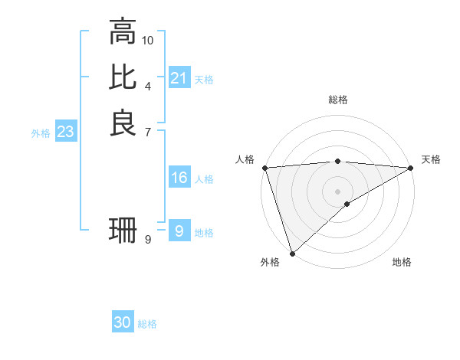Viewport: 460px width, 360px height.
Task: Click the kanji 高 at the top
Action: point(123,33)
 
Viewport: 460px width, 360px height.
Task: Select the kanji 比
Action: point(123,78)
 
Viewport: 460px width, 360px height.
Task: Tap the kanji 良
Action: point(123,123)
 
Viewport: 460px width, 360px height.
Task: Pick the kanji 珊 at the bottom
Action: point(123,230)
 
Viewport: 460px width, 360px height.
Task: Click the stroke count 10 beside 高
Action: point(148,40)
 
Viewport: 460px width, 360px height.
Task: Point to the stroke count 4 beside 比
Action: point(148,85)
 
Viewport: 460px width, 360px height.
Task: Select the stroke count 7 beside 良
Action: point(148,131)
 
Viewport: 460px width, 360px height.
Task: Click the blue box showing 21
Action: point(179,78)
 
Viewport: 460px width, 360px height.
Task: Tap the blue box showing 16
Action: point(179,178)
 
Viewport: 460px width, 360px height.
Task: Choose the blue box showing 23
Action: point(65,133)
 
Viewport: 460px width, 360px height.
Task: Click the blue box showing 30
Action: point(123,323)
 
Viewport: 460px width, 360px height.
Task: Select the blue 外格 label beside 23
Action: point(41,133)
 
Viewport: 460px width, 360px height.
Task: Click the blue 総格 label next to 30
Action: point(147,324)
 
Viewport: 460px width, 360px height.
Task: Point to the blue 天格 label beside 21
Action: point(204,79)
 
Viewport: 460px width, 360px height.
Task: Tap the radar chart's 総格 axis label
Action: point(338,100)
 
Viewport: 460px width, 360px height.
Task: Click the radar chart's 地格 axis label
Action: point(402,263)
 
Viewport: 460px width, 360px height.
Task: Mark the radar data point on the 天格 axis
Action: point(412,168)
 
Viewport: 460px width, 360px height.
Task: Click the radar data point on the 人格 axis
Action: point(264,168)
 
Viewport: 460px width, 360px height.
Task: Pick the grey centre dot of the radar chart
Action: point(338,191)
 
